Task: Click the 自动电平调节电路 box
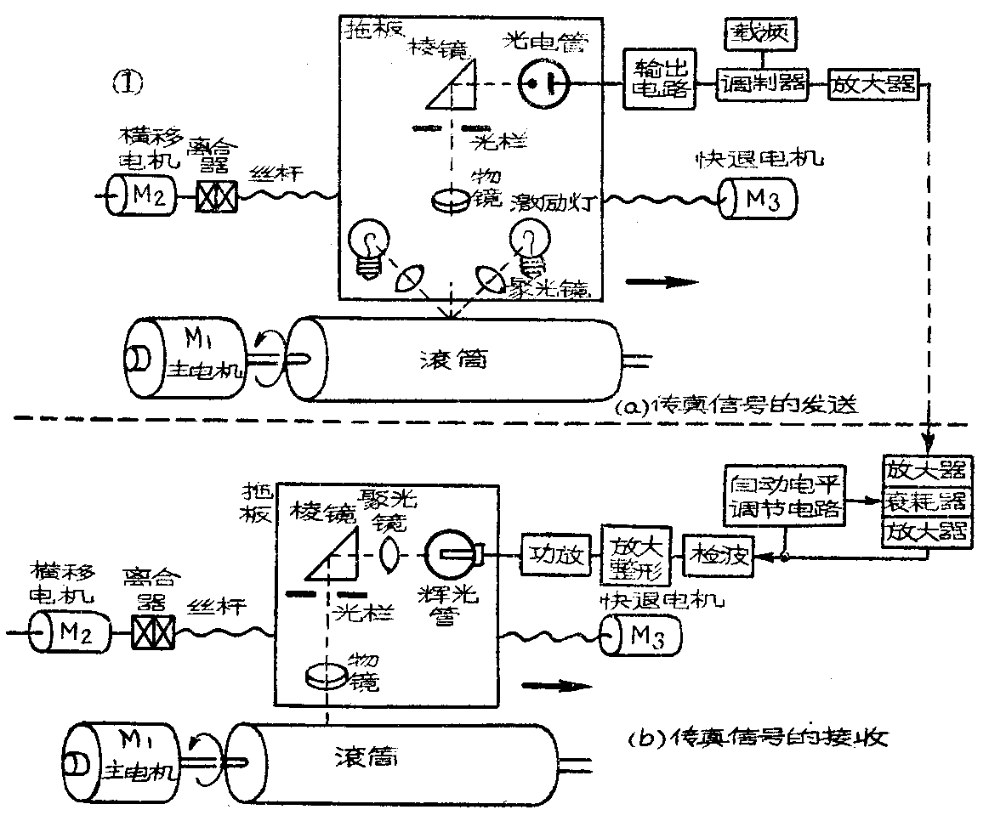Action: point(783,497)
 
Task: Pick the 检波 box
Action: point(721,556)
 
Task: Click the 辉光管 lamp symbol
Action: point(452,556)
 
